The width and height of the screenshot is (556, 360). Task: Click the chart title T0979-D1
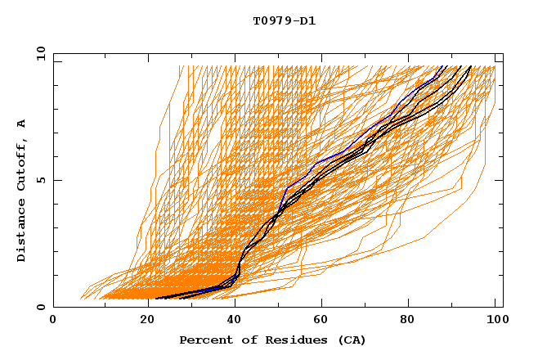point(284,20)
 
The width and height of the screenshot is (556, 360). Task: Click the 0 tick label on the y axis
point(40,308)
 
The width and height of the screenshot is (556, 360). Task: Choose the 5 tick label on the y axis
point(40,180)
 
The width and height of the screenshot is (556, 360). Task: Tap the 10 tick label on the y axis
point(37,53)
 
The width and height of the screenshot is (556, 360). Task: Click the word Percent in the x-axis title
point(205,340)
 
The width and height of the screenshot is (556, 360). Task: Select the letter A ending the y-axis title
point(22,124)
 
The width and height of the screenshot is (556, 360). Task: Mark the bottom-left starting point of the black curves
point(156,298)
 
